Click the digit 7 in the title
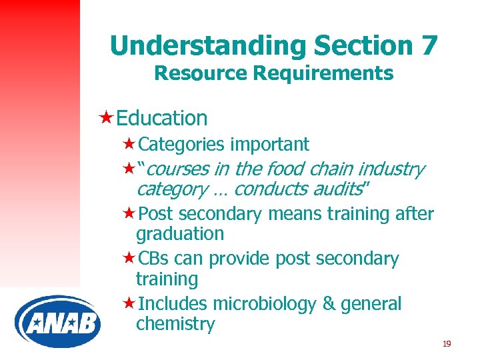[x=429, y=45]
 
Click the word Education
[x=161, y=118]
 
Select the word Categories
[x=181, y=145]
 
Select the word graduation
[x=180, y=234]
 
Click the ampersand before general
[x=329, y=304]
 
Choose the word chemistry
[x=175, y=325]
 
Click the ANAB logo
[x=58, y=322]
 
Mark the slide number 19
[x=446, y=344]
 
